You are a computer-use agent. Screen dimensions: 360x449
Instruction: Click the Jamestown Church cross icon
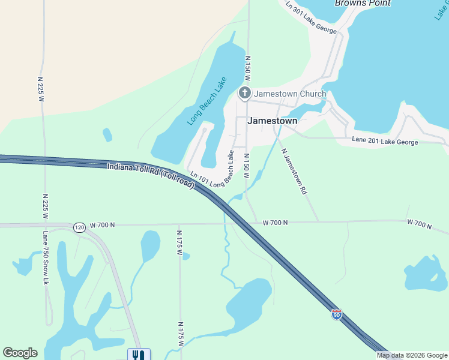pos(244,93)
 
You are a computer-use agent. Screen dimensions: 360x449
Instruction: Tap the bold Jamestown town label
pos(272,121)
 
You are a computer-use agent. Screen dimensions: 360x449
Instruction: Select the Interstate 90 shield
pos(337,314)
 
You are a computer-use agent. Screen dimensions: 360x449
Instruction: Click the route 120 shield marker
pos(80,227)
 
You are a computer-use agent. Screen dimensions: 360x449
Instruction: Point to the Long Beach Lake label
pos(206,101)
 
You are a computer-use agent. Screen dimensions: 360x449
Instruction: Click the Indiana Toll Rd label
pos(151,175)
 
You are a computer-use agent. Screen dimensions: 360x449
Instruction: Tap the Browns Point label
pos(363,4)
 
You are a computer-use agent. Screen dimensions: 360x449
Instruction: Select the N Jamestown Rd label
pos(294,171)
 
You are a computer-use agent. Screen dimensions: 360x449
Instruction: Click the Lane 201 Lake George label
pos(393,141)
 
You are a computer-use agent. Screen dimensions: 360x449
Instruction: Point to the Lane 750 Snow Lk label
pos(46,257)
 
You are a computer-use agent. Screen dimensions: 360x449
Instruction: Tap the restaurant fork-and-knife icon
pos(139,355)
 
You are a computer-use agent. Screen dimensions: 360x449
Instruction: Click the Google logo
pos(20,353)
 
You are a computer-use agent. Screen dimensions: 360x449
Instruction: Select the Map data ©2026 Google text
pos(412,355)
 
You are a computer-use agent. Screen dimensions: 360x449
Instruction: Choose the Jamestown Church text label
pos(290,94)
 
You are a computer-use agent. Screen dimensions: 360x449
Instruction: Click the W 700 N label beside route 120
pos(102,225)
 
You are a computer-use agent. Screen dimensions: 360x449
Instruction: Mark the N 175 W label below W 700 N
pos(179,243)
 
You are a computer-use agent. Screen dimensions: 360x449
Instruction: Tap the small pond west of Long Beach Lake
pos(107,134)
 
